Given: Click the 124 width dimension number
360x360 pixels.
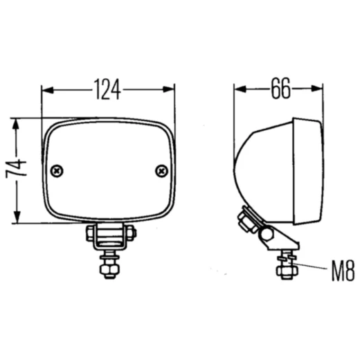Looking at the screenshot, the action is pos(107,89).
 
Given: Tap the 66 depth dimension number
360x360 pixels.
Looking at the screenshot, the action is pos(280,89).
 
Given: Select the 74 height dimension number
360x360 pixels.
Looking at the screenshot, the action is pos(16,168).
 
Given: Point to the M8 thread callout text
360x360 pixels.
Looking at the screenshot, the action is pos(343,271).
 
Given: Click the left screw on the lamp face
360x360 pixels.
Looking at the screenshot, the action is pos(57,171).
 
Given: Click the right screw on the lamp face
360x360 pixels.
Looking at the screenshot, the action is pos(161,171).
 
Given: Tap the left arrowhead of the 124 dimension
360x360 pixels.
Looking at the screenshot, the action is pos(48,90).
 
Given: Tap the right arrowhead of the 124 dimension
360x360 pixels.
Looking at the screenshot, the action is pos(168,89).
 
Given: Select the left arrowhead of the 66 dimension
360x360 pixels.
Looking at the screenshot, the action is pos(240,89).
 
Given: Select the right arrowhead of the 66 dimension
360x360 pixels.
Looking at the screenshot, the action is pos(316,89).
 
